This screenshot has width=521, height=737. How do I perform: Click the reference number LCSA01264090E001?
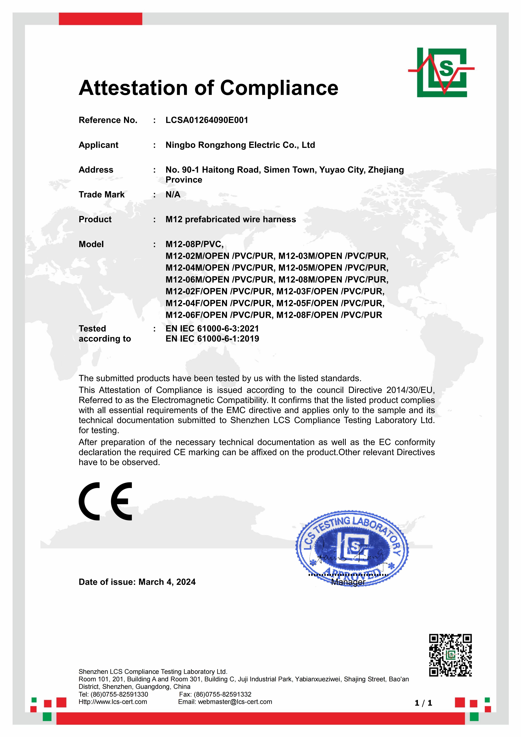point(207,120)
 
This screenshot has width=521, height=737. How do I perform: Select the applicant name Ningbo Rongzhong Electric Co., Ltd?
point(240,145)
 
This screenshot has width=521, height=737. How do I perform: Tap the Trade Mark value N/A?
point(173,194)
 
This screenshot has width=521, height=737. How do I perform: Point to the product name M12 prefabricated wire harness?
point(230,219)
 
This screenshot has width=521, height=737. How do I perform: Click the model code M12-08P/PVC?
point(194,244)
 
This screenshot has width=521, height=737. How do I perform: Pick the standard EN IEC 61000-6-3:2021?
point(212,328)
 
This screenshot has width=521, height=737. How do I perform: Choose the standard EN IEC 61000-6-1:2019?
point(212,339)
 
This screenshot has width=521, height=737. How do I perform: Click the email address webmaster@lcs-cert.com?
point(235,702)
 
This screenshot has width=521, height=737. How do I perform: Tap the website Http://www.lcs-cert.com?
point(113,702)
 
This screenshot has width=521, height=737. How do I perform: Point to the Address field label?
point(96,170)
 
